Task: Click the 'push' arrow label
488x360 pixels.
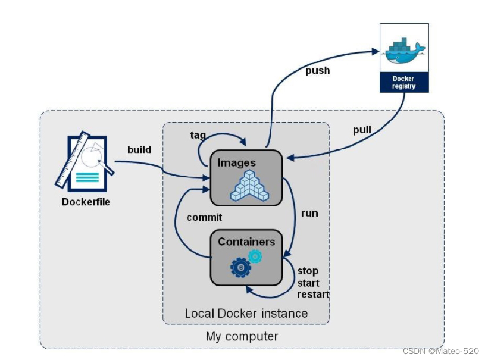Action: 317,71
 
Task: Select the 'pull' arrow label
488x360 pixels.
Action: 362,130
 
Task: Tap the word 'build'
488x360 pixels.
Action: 139,150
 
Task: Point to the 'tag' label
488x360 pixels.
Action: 198,135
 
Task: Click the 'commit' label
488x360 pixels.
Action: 205,217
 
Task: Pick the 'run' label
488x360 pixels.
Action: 309,213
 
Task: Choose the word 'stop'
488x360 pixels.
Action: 308,271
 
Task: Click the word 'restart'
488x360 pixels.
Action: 313,295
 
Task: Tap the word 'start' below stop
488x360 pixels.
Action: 308,283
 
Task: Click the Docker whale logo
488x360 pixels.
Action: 405,51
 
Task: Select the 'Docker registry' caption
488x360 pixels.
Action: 403,83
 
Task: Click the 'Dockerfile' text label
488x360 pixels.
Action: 86,202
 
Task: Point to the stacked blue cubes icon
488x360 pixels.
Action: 249,186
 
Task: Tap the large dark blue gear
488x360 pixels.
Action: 240,267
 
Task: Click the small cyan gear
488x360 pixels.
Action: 255,256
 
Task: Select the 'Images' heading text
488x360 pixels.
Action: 236,162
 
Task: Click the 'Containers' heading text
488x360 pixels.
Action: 246,242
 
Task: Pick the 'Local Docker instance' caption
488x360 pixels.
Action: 246,314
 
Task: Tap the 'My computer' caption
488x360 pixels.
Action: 242,337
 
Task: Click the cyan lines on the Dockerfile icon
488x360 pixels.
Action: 87,177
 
